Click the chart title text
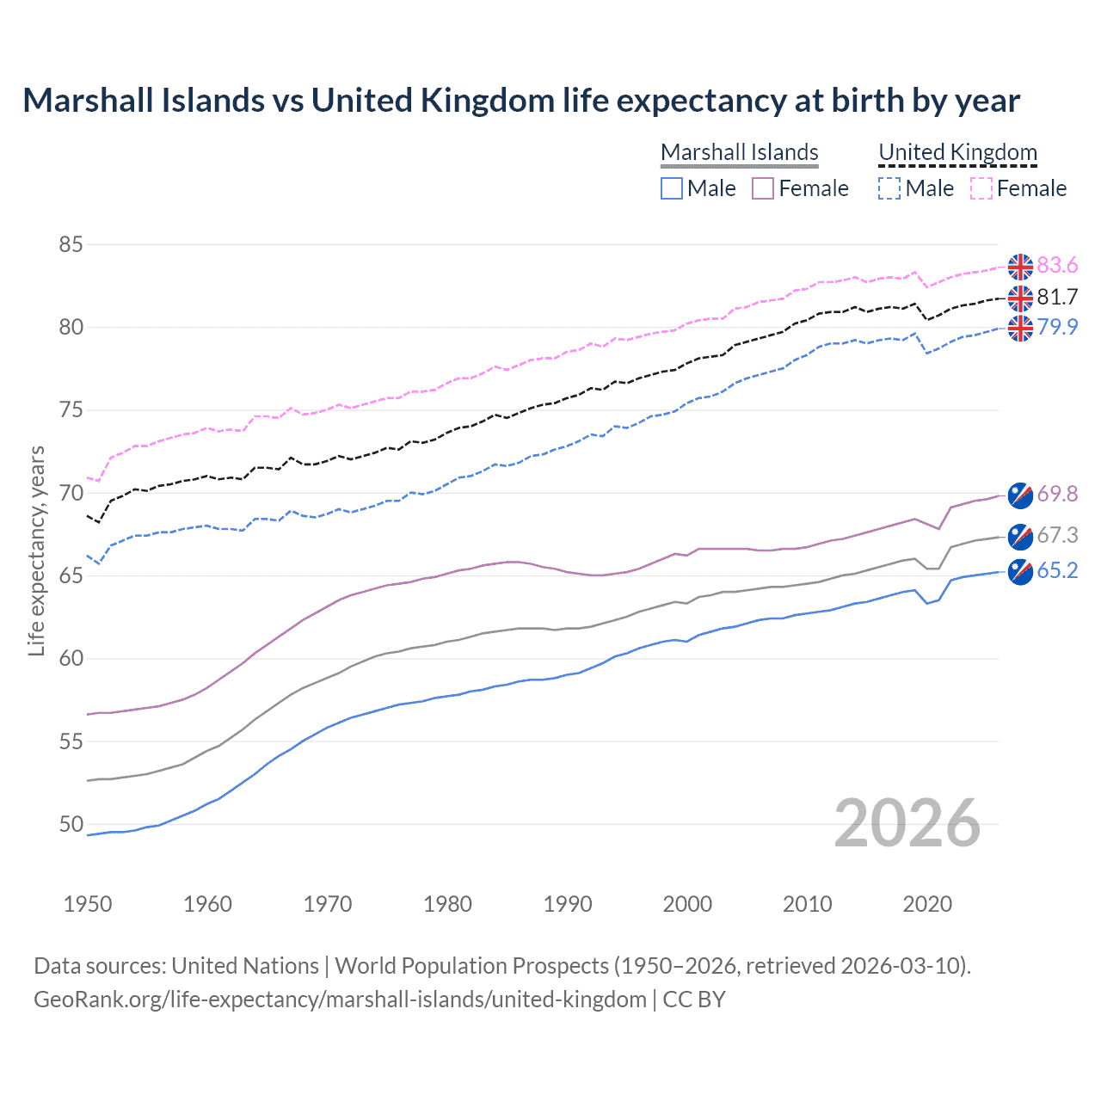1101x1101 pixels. tap(521, 101)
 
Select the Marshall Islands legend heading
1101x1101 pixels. tap(739, 152)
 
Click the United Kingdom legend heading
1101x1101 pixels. tap(957, 152)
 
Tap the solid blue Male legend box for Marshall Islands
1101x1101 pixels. tap(672, 188)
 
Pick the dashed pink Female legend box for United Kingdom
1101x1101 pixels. tap(981, 188)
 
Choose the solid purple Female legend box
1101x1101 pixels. tap(763, 188)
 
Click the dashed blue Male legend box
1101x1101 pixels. tap(889, 188)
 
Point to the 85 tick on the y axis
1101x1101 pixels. tap(71, 244)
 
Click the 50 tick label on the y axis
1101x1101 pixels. tap(71, 824)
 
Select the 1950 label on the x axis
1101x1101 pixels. tap(88, 904)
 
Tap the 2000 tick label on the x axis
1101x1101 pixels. tap(687, 904)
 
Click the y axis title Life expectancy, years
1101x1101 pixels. tap(37, 550)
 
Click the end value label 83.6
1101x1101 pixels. tap(1057, 266)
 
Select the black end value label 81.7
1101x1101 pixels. tap(1057, 298)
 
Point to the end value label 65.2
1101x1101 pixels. tap(1057, 571)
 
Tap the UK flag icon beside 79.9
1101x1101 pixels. tap(1020, 328)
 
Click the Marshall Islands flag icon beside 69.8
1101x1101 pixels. tap(1020, 495)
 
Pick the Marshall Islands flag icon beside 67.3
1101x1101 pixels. tap(1020, 536)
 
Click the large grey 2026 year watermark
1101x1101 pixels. tap(907, 823)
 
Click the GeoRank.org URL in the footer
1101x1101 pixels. tap(340, 1000)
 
